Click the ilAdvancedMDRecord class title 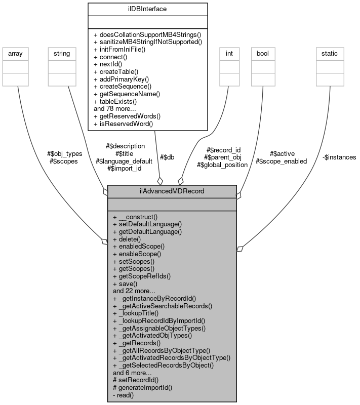coord(172,191)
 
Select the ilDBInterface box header coord(147,9)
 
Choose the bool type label coord(262,53)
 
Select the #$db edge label coord(167,157)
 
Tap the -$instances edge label coord(339,157)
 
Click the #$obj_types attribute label coord(64,154)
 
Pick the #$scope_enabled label coord(282,161)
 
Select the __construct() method coord(135,216)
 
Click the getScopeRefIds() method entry coord(141,276)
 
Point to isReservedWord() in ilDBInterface coord(123,124)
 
